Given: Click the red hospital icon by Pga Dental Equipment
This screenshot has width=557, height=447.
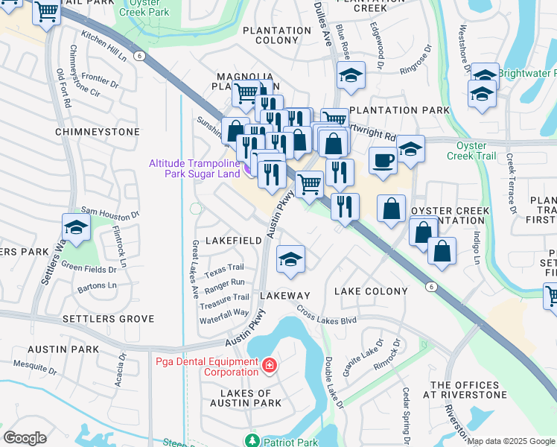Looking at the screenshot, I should coord(269,365).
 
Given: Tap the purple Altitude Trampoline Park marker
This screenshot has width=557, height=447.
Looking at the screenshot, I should coord(248,168).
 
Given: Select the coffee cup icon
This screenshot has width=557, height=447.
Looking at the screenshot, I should coord(383,160).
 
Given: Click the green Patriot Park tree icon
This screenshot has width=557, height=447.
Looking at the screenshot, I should coord(253,442).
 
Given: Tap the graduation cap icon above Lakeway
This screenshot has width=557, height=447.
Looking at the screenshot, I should coord(290,259).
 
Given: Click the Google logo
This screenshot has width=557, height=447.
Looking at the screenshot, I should coord(25,438).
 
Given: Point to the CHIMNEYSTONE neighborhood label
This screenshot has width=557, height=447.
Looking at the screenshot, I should coord(97,132).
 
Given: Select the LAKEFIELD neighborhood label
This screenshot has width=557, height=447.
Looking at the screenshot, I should coord(230,241).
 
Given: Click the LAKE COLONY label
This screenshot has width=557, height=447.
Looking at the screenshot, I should coord(370,291).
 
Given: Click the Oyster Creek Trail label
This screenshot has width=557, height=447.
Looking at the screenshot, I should coord(471,150).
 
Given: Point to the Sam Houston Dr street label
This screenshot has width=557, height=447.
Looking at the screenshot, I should coord(110,213).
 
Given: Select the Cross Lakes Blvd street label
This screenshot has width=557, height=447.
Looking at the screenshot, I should coord(326,314).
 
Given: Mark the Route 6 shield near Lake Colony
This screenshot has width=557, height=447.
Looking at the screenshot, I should coord(430,286).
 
